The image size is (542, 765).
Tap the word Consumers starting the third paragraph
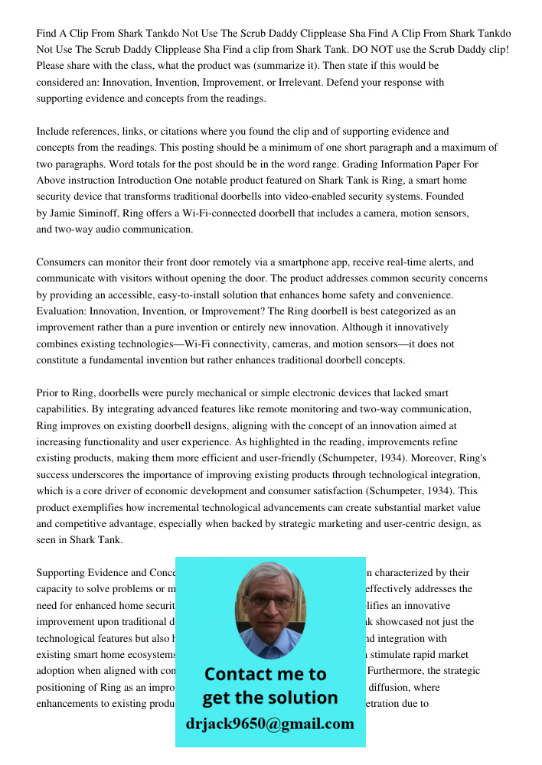tap(60, 262)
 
